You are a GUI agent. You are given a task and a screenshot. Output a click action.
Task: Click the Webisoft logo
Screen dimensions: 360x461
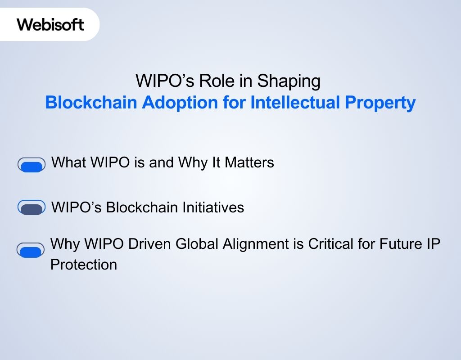click(x=50, y=24)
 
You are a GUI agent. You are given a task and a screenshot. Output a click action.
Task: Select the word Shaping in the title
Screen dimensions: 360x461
click(x=289, y=81)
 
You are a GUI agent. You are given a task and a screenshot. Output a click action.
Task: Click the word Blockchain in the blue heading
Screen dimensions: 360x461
click(x=91, y=103)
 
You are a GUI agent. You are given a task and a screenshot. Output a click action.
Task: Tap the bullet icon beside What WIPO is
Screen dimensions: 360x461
click(x=32, y=165)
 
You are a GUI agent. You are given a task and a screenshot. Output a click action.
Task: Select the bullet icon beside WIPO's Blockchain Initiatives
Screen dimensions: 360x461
click(x=32, y=208)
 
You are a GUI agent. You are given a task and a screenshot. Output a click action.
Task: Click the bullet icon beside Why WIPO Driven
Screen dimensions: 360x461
click(x=31, y=250)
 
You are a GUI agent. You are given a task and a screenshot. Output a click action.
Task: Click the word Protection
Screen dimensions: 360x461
click(x=84, y=264)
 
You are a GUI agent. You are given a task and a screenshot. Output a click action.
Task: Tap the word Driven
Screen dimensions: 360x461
click(x=146, y=244)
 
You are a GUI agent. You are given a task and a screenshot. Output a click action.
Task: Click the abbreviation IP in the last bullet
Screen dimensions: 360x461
click(x=434, y=244)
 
